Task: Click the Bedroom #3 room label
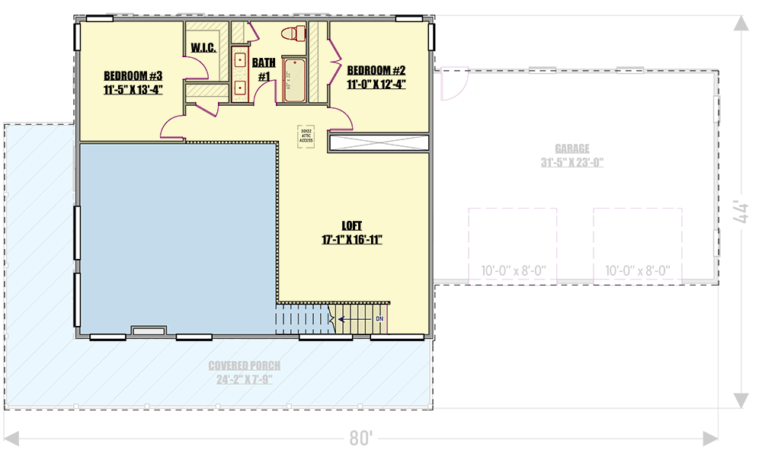(x=133, y=75)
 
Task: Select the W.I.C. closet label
(x=203, y=48)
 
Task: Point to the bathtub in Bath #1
(x=293, y=81)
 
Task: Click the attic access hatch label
(x=306, y=136)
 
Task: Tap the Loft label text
(x=351, y=225)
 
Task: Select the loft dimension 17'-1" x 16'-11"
(x=351, y=239)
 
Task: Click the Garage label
(x=571, y=149)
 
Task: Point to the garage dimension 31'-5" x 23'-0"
(x=571, y=162)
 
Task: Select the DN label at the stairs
(x=379, y=318)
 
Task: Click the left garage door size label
(x=514, y=270)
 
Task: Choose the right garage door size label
(x=637, y=270)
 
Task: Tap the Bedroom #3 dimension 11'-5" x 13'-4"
(x=133, y=89)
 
